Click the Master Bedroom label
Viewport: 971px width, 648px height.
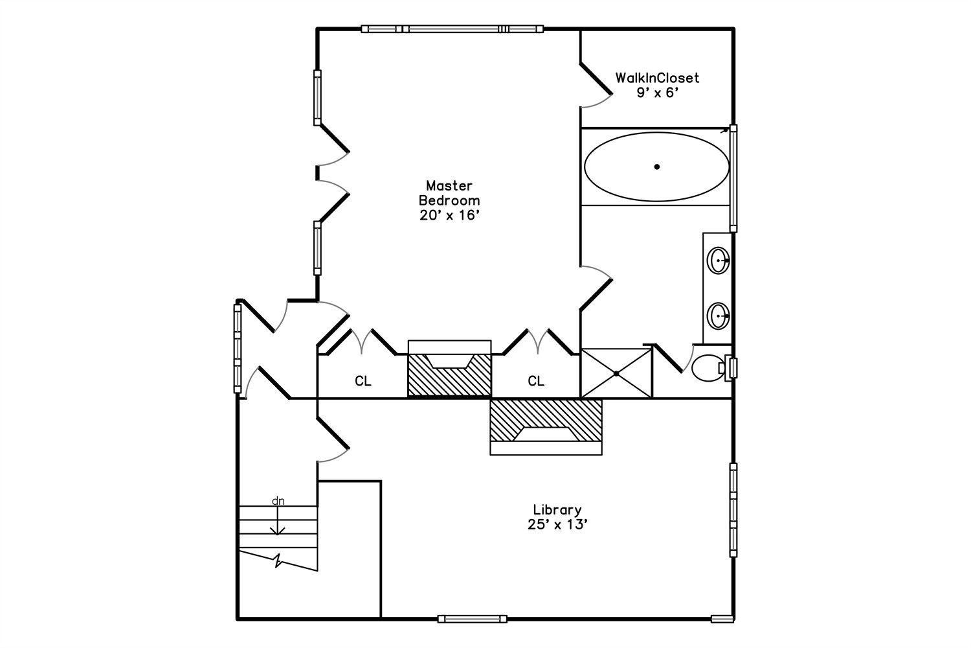[449, 193]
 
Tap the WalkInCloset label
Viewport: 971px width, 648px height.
[657, 78]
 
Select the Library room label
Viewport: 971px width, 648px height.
[557, 509]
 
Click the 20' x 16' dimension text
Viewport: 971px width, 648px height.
[449, 215]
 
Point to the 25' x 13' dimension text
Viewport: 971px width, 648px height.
[557, 525]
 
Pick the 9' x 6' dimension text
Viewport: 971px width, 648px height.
[657, 93]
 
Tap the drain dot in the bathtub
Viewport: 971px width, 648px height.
[657, 167]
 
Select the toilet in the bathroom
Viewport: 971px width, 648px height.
[711, 367]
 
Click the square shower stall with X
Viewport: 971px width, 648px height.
[616, 373]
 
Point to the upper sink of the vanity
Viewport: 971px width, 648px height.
[719, 260]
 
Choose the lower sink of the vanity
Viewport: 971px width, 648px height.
[719, 316]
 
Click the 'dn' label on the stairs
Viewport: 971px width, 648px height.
[278, 501]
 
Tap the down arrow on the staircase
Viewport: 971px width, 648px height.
[278, 520]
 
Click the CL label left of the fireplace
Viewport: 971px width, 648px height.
[363, 381]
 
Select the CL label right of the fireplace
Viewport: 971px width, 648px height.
[536, 381]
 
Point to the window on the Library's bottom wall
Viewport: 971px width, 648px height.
[472, 619]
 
